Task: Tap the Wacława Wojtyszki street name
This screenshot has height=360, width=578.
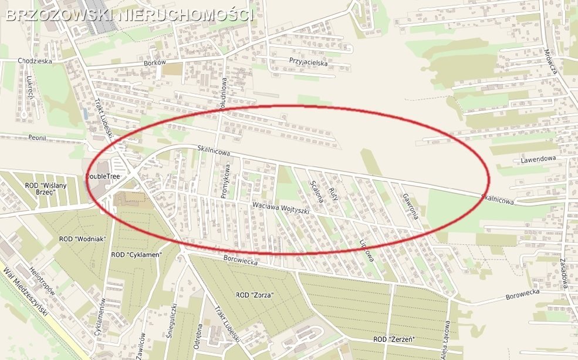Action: click(280, 208)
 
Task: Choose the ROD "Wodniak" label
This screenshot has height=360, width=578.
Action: click(82, 239)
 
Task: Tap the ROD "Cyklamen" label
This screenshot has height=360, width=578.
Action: click(136, 254)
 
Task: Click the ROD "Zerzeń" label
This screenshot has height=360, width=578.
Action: click(394, 340)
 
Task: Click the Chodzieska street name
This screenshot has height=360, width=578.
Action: click(35, 60)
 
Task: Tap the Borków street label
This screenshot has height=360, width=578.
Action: click(156, 62)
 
